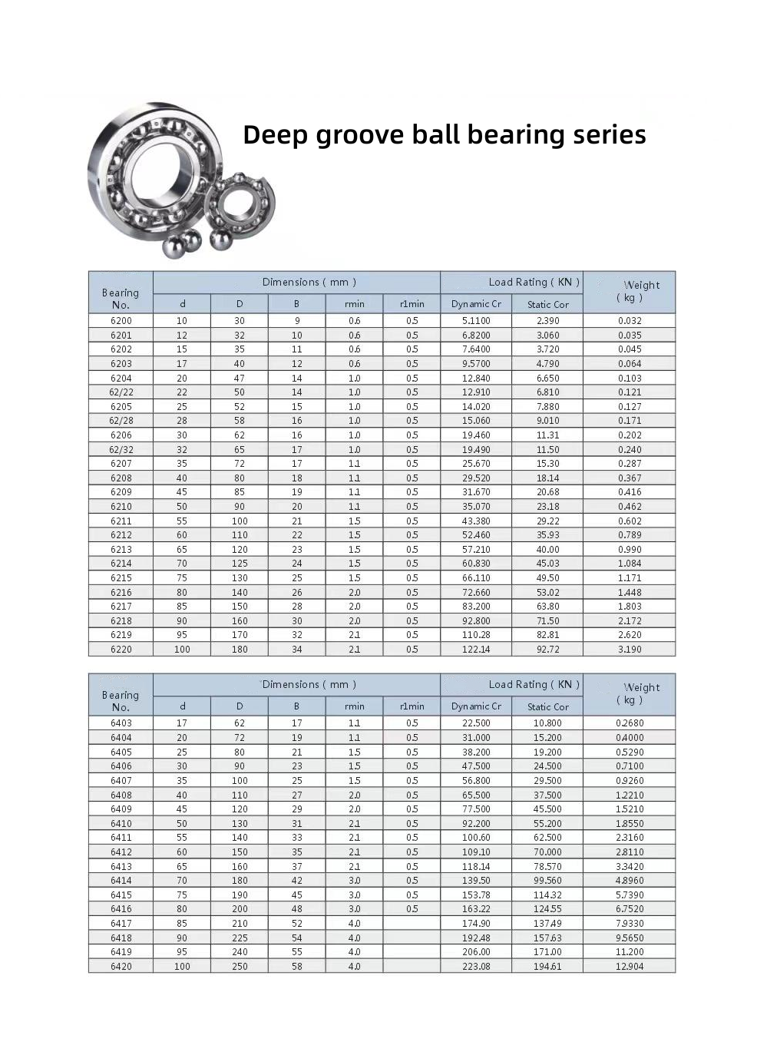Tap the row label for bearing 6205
[121, 407]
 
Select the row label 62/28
[121, 421]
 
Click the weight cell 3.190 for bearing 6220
[630, 650]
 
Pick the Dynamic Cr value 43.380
[476, 521]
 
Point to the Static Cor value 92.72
[547, 650]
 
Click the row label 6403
[121, 723]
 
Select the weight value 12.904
[630, 967]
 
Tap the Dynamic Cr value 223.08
[476, 967]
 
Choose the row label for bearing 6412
[121, 852]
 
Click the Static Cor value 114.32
[547, 895]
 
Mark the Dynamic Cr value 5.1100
[476, 321]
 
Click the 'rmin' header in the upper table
[354, 304]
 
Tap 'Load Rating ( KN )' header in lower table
[534, 685]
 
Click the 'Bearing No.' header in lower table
[121, 701]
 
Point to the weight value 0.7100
[630, 766]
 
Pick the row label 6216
[121, 593]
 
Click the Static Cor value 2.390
[547, 321]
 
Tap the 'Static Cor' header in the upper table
[547, 305]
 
